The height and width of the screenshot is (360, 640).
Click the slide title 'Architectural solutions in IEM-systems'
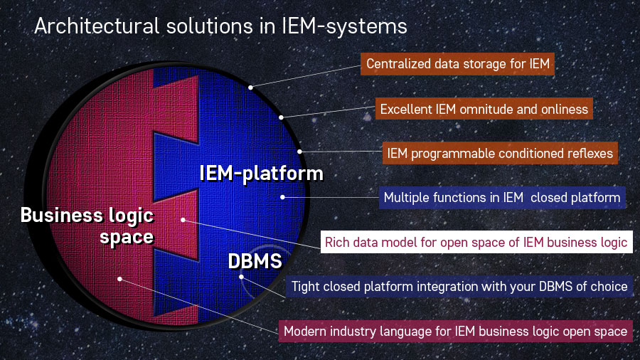point(220,27)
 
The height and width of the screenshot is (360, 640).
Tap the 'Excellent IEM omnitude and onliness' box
point(484,110)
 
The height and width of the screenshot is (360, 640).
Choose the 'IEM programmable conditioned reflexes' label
point(499,153)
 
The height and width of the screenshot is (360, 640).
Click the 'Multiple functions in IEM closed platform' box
point(502,197)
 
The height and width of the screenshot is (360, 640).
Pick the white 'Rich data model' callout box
point(476,243)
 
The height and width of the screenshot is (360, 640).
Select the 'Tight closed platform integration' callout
point(459,287)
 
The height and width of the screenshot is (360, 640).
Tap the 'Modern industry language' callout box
point(455,331)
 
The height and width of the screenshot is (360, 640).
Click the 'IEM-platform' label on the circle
point(261,173)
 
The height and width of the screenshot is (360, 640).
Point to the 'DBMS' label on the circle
point(255,261)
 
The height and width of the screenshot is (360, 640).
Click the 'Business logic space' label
point(87,225)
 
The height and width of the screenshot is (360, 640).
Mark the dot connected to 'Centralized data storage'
point(250,88)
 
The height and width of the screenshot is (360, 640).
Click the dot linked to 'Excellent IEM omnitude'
point(282,117)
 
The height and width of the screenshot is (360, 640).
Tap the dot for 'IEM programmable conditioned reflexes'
point(300,151)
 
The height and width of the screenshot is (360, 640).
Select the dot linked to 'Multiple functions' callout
point(282,197)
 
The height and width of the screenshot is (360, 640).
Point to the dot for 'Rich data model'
point(183,220)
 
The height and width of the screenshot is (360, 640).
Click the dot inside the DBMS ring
point(242,277)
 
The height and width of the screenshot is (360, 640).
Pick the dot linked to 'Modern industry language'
point(120,279)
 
